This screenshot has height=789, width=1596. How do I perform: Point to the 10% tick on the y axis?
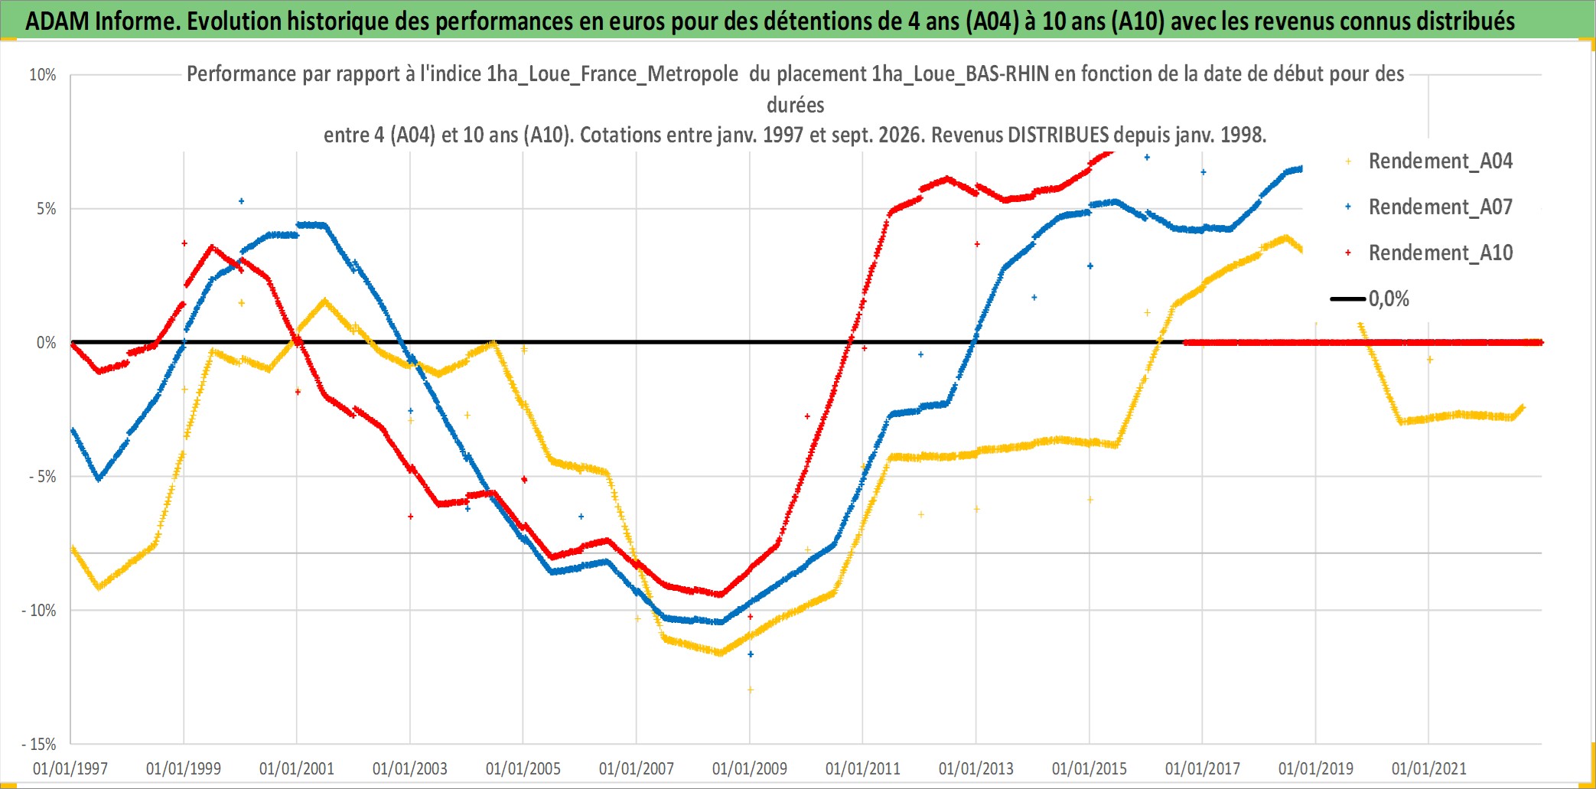[43, 75]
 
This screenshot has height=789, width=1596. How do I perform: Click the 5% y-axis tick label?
[47, 209]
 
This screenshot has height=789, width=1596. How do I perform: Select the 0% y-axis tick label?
[47, 343]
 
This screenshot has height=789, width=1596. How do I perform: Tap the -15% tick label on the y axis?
[39, 744]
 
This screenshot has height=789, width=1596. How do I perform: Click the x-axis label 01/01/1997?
[70, 768]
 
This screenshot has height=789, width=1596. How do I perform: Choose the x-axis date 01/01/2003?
[410, 768]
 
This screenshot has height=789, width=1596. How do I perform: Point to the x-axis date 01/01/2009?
[750, 768]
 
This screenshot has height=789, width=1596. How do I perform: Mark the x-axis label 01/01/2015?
[1090, 768]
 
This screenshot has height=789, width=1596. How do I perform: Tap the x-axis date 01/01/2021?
[1429, 768]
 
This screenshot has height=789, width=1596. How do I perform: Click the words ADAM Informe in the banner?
[102, 21]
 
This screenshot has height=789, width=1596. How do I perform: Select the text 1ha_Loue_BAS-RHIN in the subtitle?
[960, 74]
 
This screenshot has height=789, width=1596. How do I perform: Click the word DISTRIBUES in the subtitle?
[1057, 135]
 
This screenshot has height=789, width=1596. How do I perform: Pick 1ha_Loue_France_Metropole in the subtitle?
[612, 74]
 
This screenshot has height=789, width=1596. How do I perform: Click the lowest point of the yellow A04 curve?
[750, 690]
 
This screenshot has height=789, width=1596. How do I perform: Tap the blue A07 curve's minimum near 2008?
[719, 622]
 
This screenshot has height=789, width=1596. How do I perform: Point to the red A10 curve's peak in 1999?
[212, 246]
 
